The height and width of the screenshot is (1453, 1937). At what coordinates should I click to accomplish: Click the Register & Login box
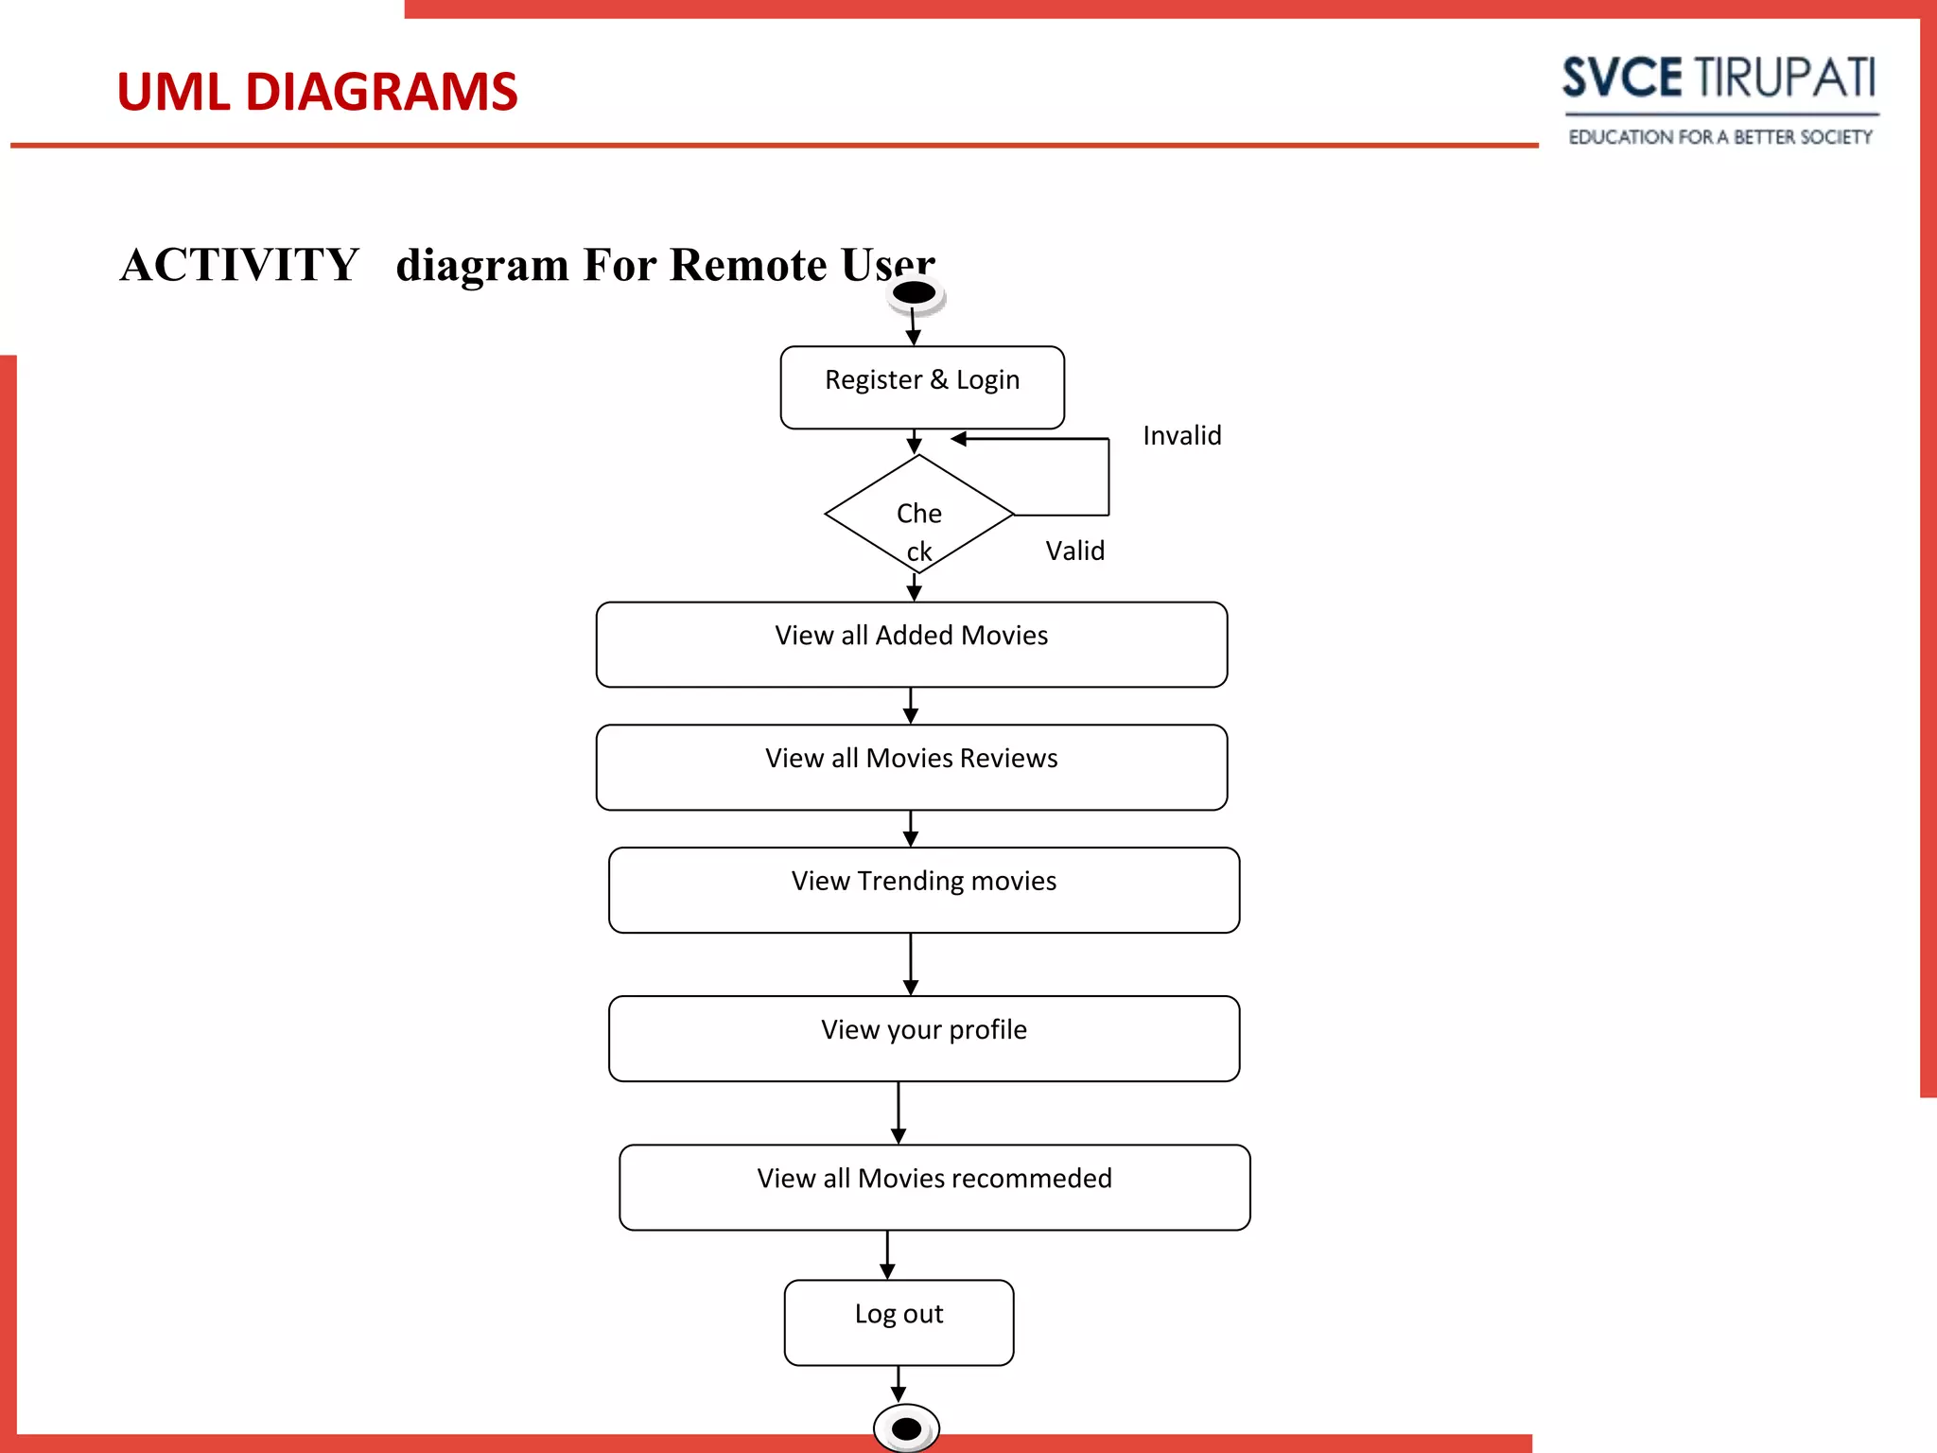coord(922,387)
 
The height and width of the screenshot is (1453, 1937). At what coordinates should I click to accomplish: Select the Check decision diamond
coord(918,515)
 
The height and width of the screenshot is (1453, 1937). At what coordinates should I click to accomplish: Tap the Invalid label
coord(1181,435)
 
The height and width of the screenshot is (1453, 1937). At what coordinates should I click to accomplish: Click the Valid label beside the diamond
coord(1074,551)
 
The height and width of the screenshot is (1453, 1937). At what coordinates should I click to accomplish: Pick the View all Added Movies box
coord(911,644)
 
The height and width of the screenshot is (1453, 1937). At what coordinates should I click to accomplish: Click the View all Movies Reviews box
coord(911,767)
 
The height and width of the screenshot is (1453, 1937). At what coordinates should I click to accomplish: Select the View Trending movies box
coord(923,890)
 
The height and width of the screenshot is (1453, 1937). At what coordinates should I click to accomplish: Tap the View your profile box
coord(923,1038)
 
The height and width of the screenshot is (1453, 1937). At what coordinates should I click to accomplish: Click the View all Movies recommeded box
coord(934,1187)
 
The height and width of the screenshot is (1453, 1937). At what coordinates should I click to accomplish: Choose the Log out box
coord(899,1322)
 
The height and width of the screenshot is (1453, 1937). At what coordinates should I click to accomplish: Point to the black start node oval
coord(915,293)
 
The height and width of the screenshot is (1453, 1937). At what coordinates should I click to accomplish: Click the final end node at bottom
coord(906,1428)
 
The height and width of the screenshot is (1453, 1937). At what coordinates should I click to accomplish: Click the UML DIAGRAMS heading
coord(317,92)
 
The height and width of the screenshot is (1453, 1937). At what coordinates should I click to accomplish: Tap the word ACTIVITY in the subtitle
coord(239,264)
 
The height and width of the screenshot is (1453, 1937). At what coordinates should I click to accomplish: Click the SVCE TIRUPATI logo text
coord(1719,78)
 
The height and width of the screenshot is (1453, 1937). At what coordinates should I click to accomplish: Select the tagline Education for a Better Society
coord(1719,137)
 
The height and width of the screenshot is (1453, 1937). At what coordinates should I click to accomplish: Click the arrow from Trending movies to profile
coord(911,963)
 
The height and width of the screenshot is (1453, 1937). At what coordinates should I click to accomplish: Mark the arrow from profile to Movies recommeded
coord(899,1112)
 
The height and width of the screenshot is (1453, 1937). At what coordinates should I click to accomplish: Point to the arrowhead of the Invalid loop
coord(958,439)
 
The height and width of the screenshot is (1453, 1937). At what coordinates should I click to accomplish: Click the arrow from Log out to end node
coord(899,1383)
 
